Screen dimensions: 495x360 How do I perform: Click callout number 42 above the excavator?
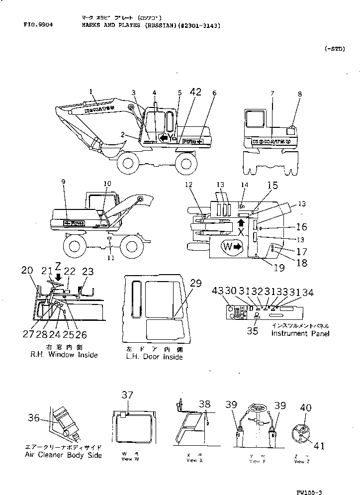coord(195,92)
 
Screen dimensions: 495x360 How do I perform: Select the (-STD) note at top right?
coord(334,49)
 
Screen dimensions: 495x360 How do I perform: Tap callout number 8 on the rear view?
coord(299,94)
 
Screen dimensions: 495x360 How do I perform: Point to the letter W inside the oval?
coord(227,246)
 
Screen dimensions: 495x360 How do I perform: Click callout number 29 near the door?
coord(195,284)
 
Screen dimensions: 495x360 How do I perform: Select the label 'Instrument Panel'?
coord(300,333)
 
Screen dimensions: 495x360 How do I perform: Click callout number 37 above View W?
coord(128,395)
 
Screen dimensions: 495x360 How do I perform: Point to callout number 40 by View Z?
coord(305,408)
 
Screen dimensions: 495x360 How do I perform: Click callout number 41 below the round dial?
coord(319,446)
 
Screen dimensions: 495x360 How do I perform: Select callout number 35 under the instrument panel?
coord(253,330)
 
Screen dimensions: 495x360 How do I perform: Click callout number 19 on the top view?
coord(279,268)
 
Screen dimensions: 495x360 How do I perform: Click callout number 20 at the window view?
coord(27,270)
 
